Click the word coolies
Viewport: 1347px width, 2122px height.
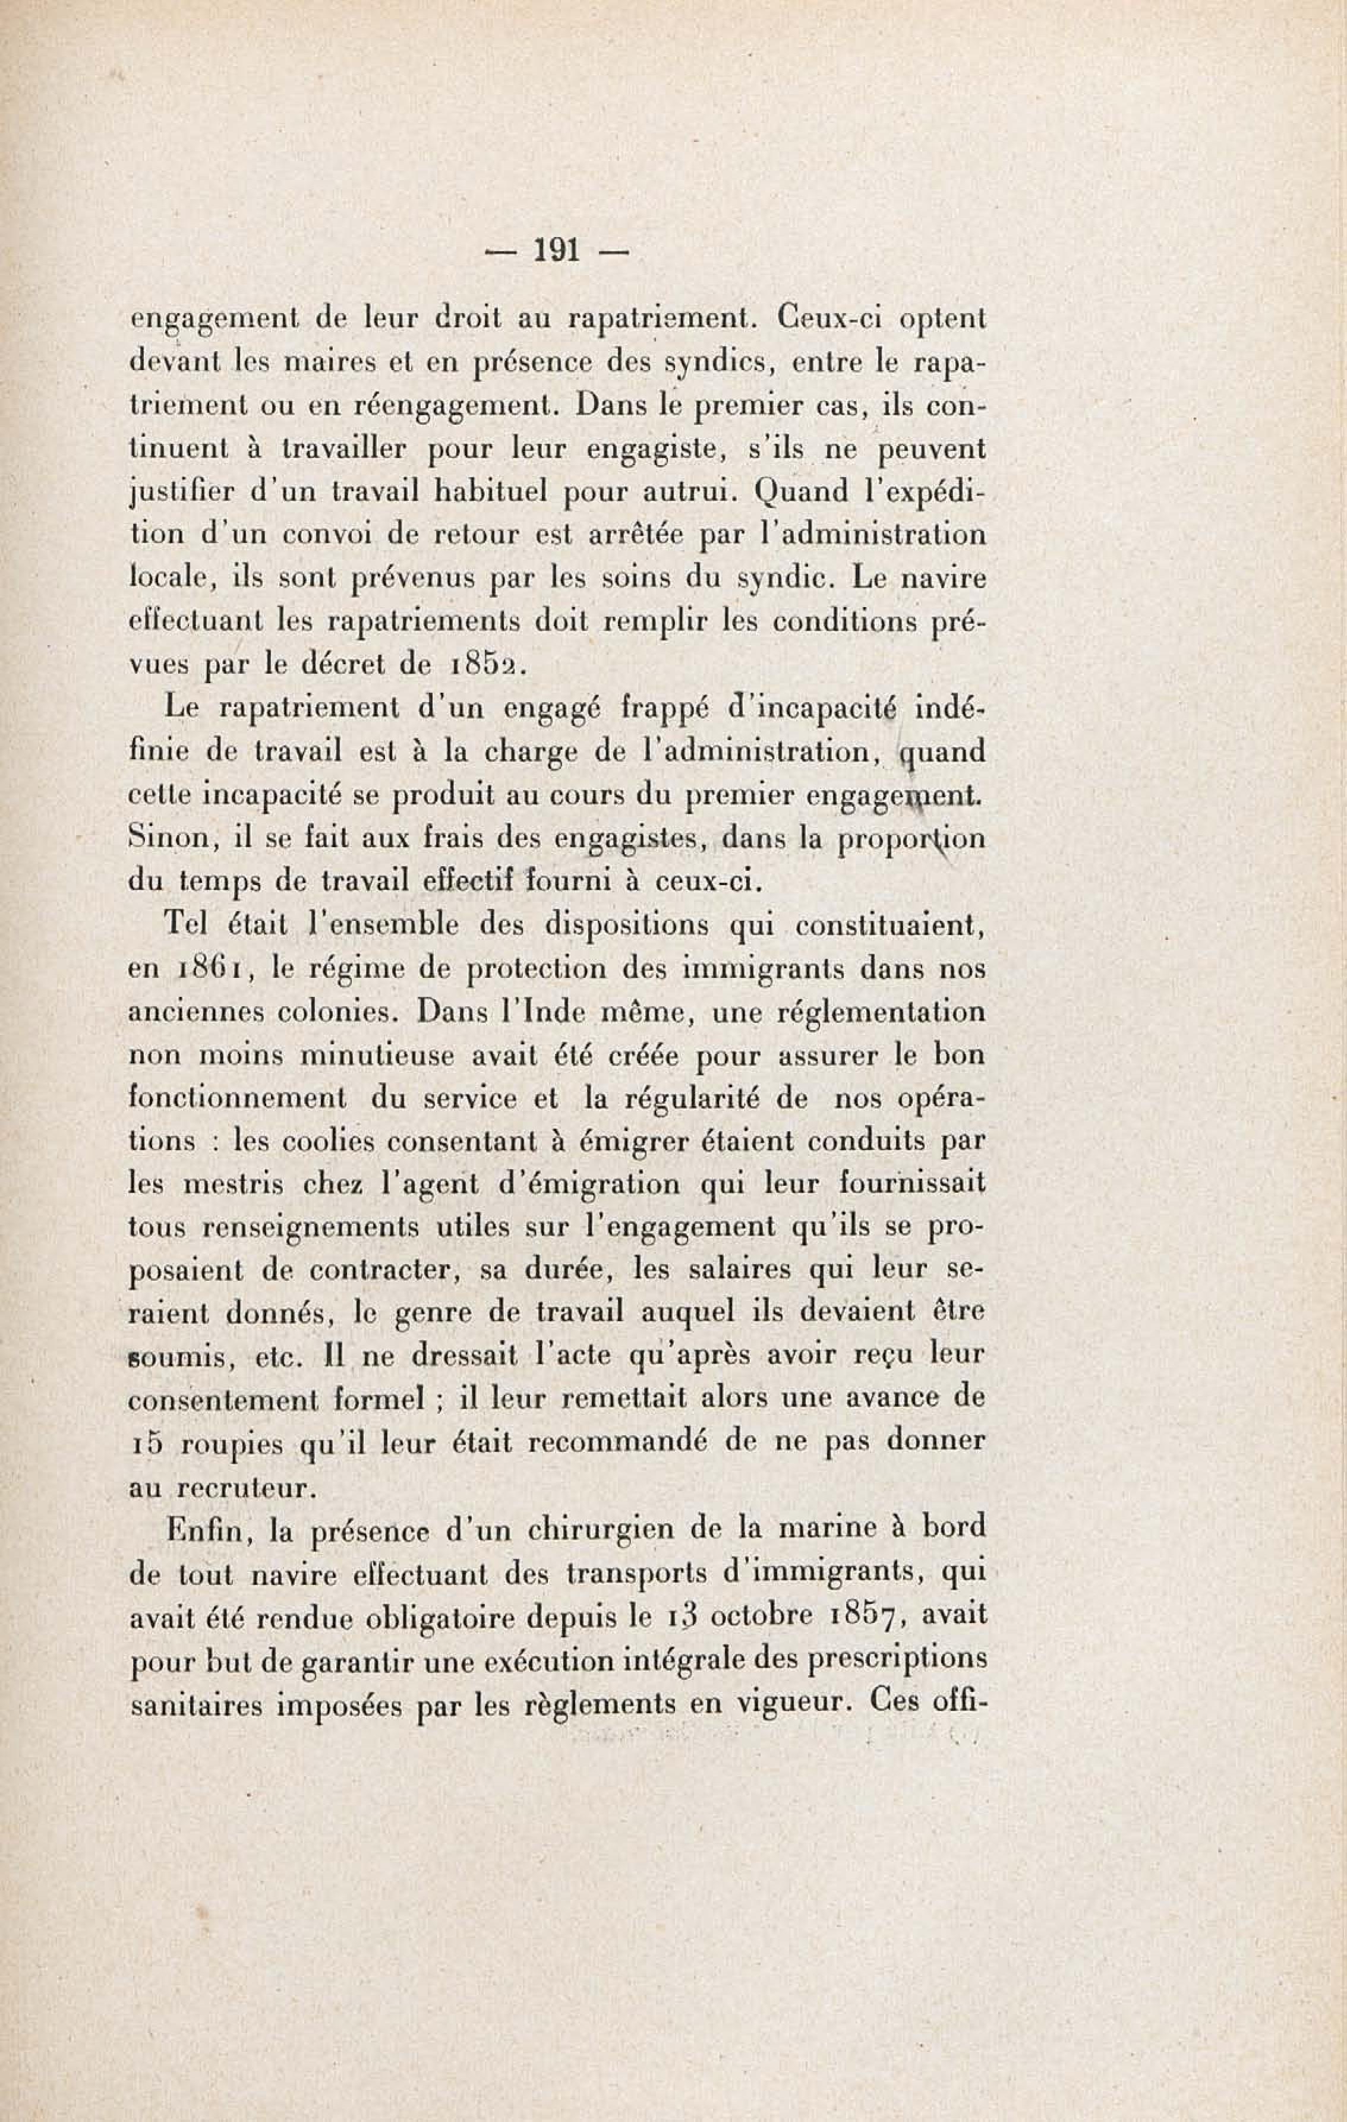329,1141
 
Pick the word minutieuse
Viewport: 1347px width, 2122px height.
388,1055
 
